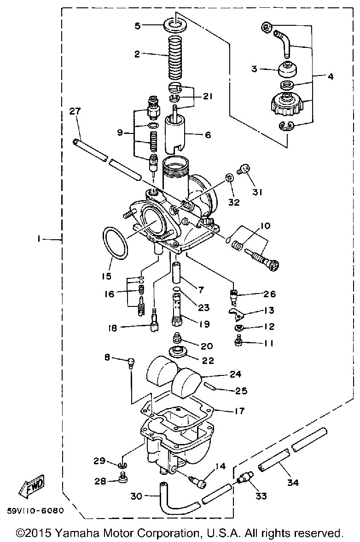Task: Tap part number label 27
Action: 75,111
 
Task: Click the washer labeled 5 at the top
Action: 175,25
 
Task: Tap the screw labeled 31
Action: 244,169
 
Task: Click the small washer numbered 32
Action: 229,179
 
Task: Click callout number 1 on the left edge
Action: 39,238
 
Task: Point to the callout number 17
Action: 239,411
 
